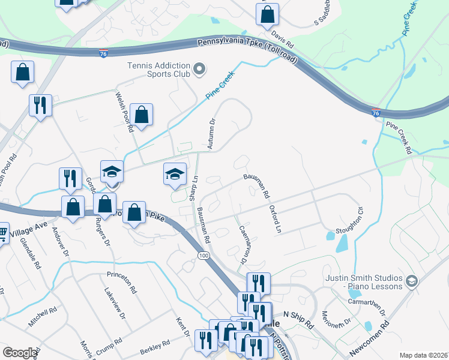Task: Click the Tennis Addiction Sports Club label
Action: coord(158,70)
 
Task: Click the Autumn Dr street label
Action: coord(211,133)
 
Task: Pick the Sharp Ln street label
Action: coord(193,188)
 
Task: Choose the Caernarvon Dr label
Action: coord(244,244)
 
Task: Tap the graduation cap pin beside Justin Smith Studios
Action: coord(412,280)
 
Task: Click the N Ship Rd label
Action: coord(298,320)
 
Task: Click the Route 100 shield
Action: coord(203,256)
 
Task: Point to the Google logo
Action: coord(20,353)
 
